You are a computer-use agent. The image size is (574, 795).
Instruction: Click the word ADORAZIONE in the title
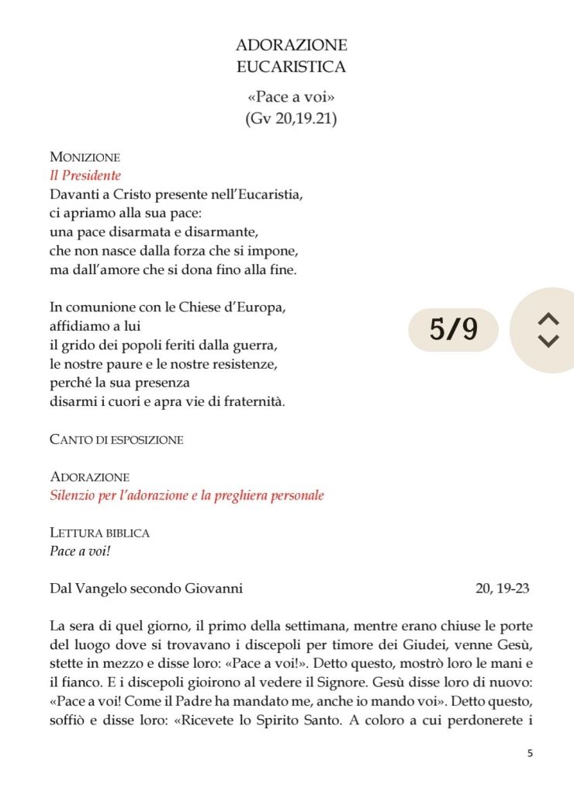291,45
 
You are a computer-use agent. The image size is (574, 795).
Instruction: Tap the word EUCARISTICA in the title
291,67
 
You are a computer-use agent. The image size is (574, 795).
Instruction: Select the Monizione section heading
85,157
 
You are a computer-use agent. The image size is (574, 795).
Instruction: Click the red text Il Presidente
85,175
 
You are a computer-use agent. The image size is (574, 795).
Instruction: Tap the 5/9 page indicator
454,330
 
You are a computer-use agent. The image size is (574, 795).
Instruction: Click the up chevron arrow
548,319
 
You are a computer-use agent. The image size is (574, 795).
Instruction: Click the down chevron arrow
548,341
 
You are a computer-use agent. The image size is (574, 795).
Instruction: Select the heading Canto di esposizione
116,439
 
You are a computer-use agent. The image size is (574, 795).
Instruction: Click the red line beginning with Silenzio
186,495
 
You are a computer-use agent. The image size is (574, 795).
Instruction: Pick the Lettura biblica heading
99,533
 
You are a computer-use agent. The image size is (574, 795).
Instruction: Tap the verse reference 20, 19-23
502,588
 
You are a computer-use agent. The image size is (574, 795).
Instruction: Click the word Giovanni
213,588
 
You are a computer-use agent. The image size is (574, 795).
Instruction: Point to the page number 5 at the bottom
529,753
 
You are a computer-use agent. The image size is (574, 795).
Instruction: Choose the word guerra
256,344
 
